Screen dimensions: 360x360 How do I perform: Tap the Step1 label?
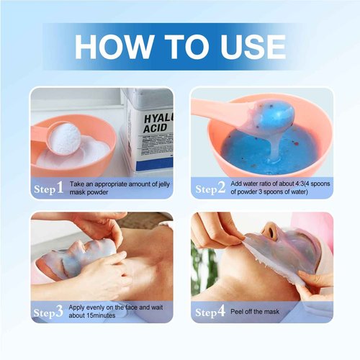pyautogui.click(x=49, y=189)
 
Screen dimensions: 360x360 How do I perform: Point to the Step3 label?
pyautogui.click(x=49, y=312)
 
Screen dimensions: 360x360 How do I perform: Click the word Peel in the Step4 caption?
pyautogui.click(x=240, y=312)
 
